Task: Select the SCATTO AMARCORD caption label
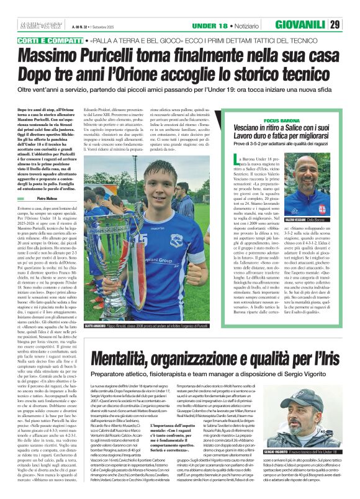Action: point(99,342)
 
